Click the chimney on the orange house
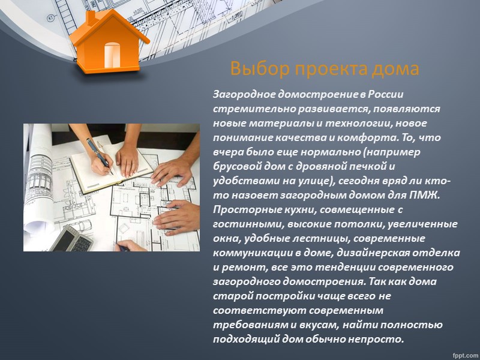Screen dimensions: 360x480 [x=91, y=18]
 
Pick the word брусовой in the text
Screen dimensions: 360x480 [x=235, y=167]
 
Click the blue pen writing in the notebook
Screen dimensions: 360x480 [x=98, y=154]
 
